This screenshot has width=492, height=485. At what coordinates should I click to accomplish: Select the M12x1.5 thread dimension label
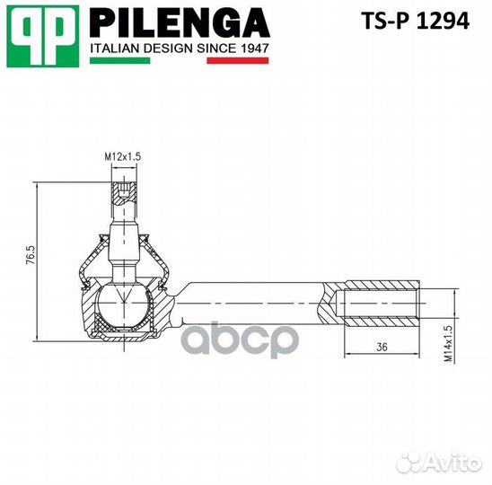click(122, 157)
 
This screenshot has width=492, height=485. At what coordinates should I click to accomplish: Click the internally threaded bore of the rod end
click(382, 306)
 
